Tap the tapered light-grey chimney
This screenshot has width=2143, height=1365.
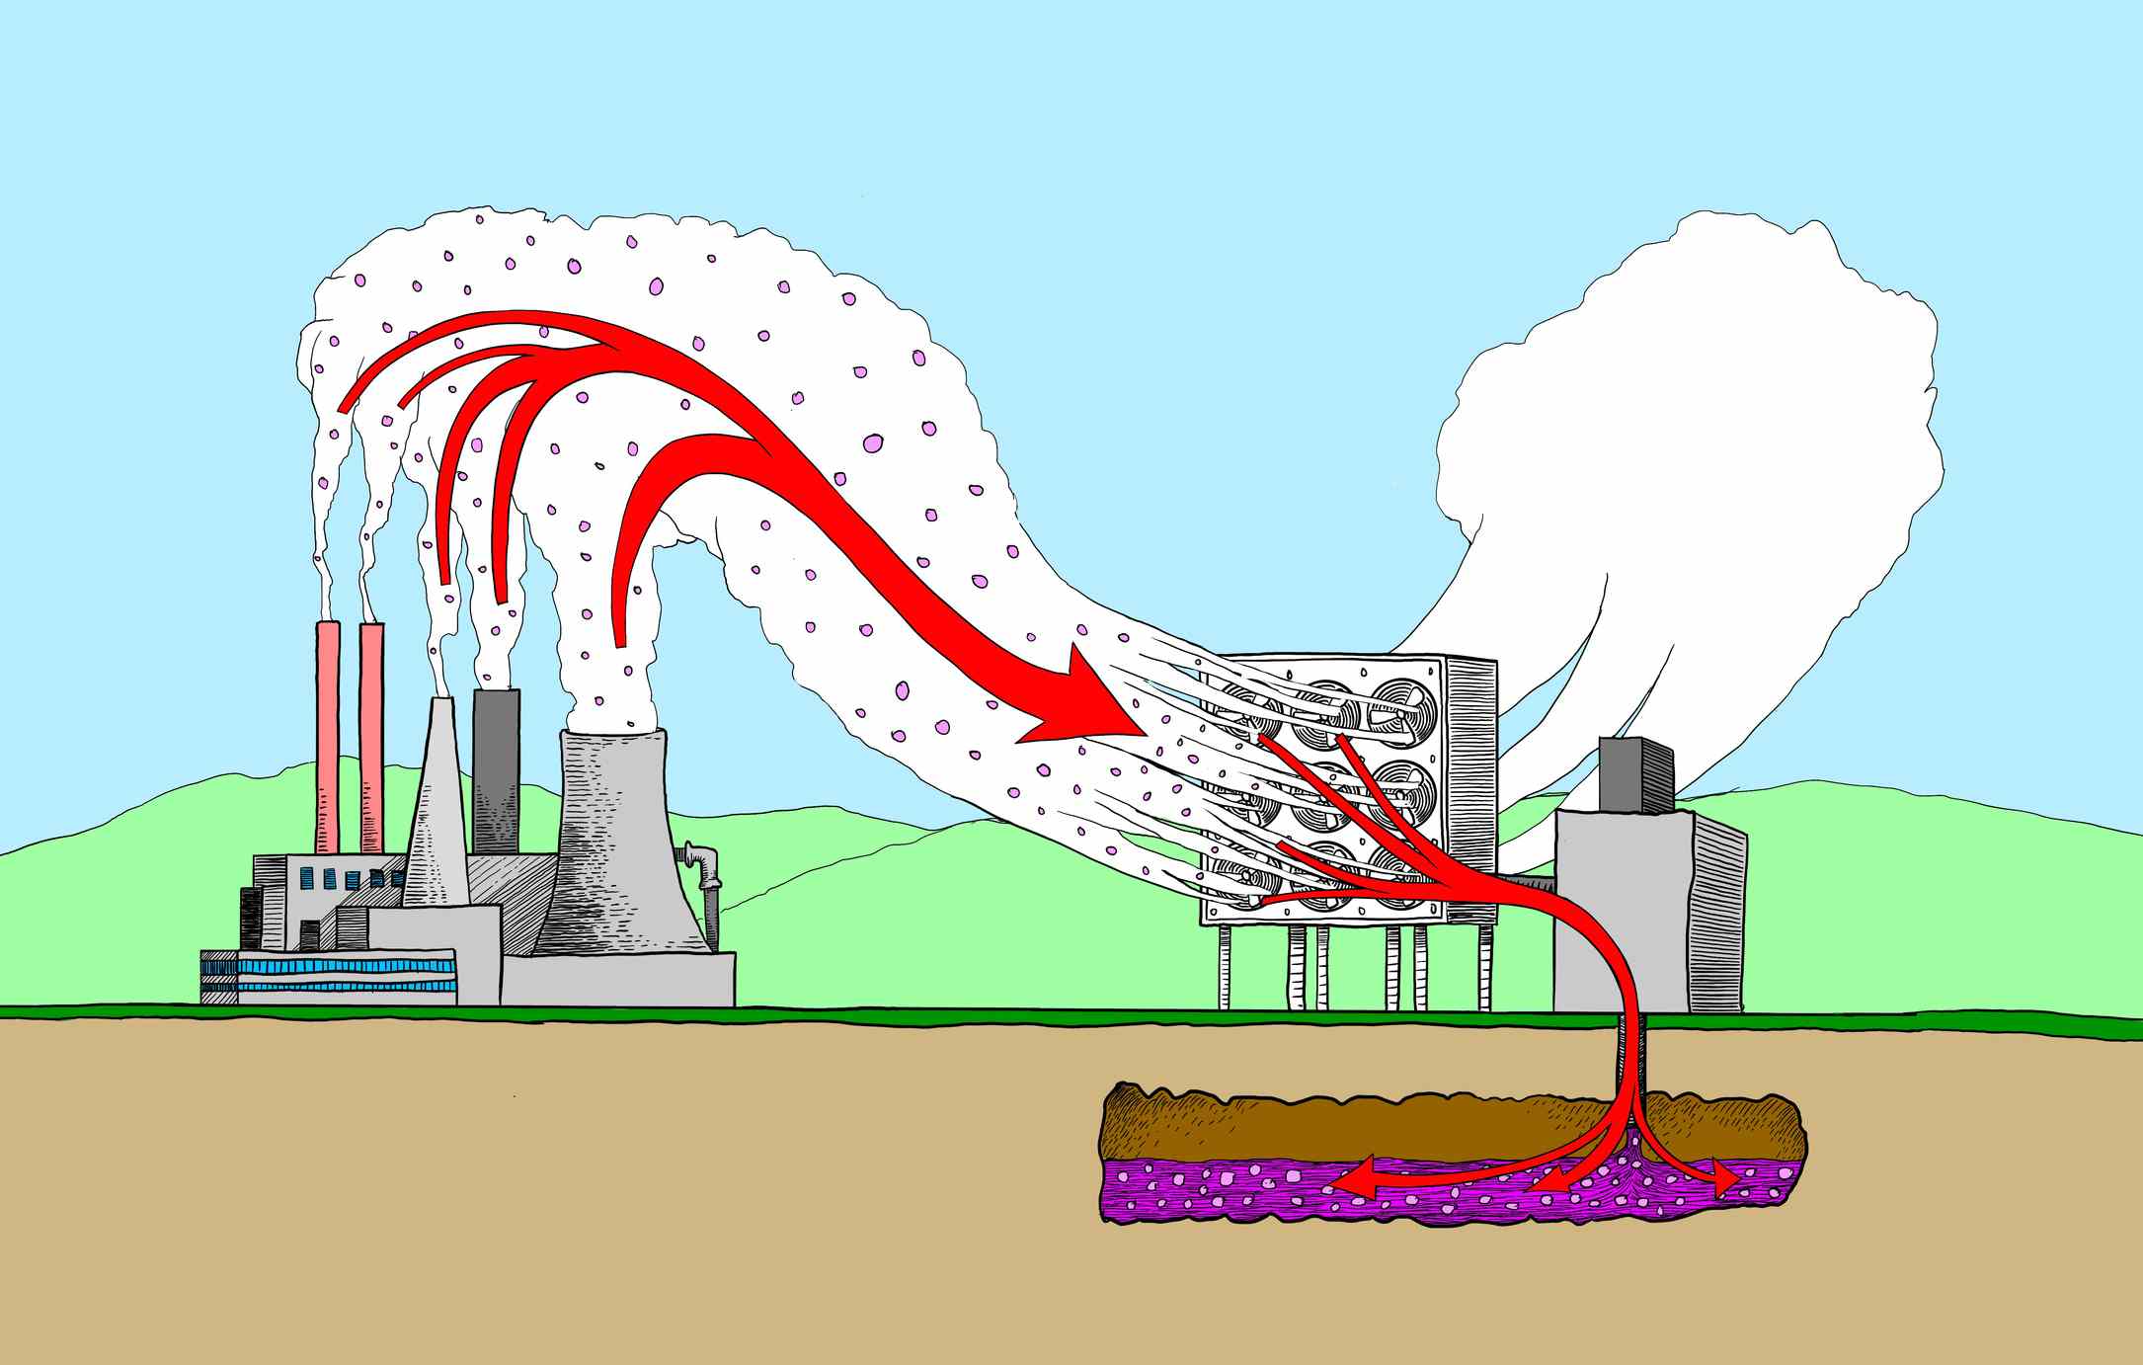[x=436, y=810]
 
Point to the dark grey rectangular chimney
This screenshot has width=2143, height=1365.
[x=497, y=770]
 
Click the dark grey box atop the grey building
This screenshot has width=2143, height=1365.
[x=1634, y=773]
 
